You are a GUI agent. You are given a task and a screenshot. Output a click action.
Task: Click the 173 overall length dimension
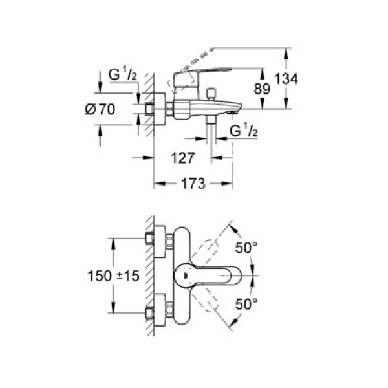(x=193, y=184)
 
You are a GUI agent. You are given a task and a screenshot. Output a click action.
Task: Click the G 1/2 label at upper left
(x=122, y=74)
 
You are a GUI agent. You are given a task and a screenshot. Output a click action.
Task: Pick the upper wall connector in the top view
(x=157, y=239)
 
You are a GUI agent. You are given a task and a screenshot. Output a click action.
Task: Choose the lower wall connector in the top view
(x=157, y=310)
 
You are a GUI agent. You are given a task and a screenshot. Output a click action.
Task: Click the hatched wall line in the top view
(x=149, y=275)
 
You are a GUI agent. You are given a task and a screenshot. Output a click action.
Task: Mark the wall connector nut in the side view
(x=157, y=109)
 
